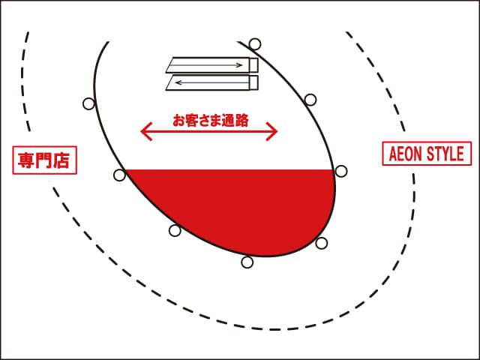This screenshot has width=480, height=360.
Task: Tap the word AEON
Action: (406, 154)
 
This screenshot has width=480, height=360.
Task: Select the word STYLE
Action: (446, 154)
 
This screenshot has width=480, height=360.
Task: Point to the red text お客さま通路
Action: (210, 119)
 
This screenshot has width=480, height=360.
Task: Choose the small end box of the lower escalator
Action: (253, 82)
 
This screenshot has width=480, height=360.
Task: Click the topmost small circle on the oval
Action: (255, 43)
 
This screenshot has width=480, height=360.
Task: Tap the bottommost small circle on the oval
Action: (247, 262)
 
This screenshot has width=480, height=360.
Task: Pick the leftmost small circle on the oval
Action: (89, 104)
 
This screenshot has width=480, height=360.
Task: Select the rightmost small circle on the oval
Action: (341, 171)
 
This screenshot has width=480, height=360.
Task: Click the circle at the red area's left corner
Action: (119, 175)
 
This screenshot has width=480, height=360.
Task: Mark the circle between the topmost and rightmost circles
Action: (310, 99)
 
